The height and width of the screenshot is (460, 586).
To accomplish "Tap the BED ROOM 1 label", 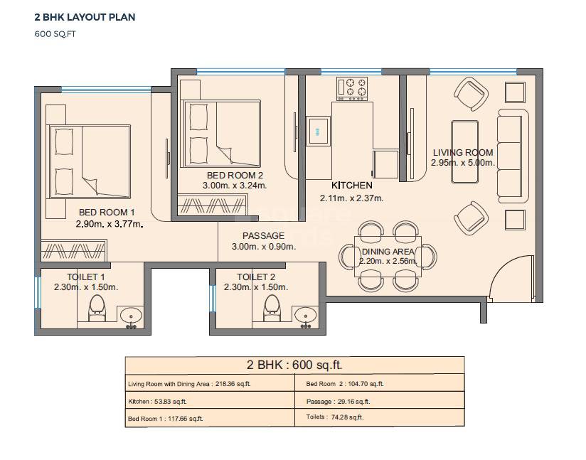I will click(107, 212).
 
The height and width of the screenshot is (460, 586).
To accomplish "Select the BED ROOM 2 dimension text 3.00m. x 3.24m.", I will click(236, 186).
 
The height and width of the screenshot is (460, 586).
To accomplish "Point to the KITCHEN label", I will click(351, 186).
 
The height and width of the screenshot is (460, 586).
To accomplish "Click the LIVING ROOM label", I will click(463, 152).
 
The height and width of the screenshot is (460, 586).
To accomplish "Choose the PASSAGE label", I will click(263, 235).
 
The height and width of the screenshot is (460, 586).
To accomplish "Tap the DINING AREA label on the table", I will click(388, 252).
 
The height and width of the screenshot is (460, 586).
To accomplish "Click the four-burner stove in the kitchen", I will click(353, 87).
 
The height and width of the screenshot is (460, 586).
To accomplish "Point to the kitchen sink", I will click(318, 131).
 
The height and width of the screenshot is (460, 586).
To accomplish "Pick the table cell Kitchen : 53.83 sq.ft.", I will click(157, 402).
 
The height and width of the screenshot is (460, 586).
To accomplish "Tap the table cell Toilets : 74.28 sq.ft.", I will click(334, 418).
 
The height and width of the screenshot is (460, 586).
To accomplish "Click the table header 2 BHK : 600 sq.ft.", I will click(294, 365).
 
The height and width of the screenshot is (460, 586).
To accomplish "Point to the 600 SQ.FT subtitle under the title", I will click(55, 33).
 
